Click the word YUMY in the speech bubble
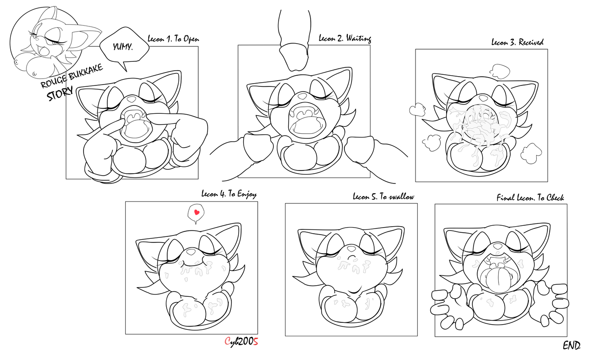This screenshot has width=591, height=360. pyautogui.click(x=123, y=47)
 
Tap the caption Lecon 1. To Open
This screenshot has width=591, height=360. pyautogui.click(x=173, y=39)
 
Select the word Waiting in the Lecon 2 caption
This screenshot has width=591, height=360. pyautogui.click(x=358, y=39)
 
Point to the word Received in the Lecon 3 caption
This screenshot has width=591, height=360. pyautogui.click(x=531, y=42)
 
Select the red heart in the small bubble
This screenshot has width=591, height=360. pyautogui.click(x=196, y=212)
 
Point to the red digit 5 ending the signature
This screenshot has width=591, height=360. pyautogui.click(x=255, y=342)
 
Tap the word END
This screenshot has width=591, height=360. pyautogui.click(x=572, y=345)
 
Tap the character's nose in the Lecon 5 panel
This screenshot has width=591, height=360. pyautogui.click(x=351, y=249)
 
